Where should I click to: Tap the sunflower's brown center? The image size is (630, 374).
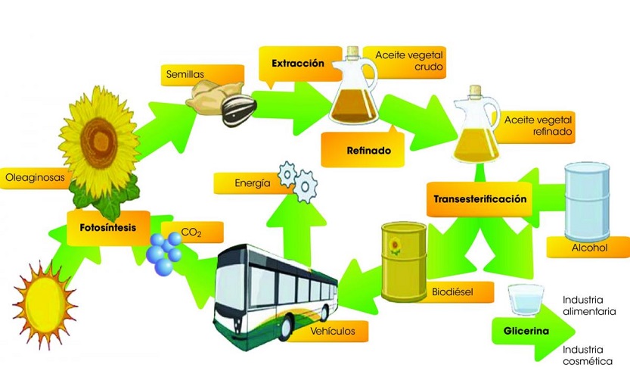click(102, 136)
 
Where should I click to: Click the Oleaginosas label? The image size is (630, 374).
click(34, 178)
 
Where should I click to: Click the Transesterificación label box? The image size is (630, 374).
click(479, 200)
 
